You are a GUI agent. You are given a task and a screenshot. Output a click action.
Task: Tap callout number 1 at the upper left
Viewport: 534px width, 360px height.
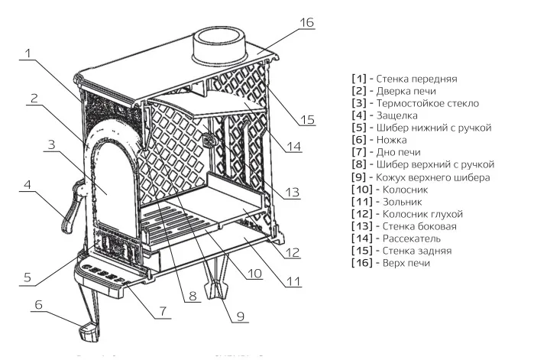pos(27,54)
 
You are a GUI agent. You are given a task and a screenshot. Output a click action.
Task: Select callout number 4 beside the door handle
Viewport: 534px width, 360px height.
pos(27,184)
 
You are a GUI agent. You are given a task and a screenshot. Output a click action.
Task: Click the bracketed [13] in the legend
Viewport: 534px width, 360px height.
pos(362,227)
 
